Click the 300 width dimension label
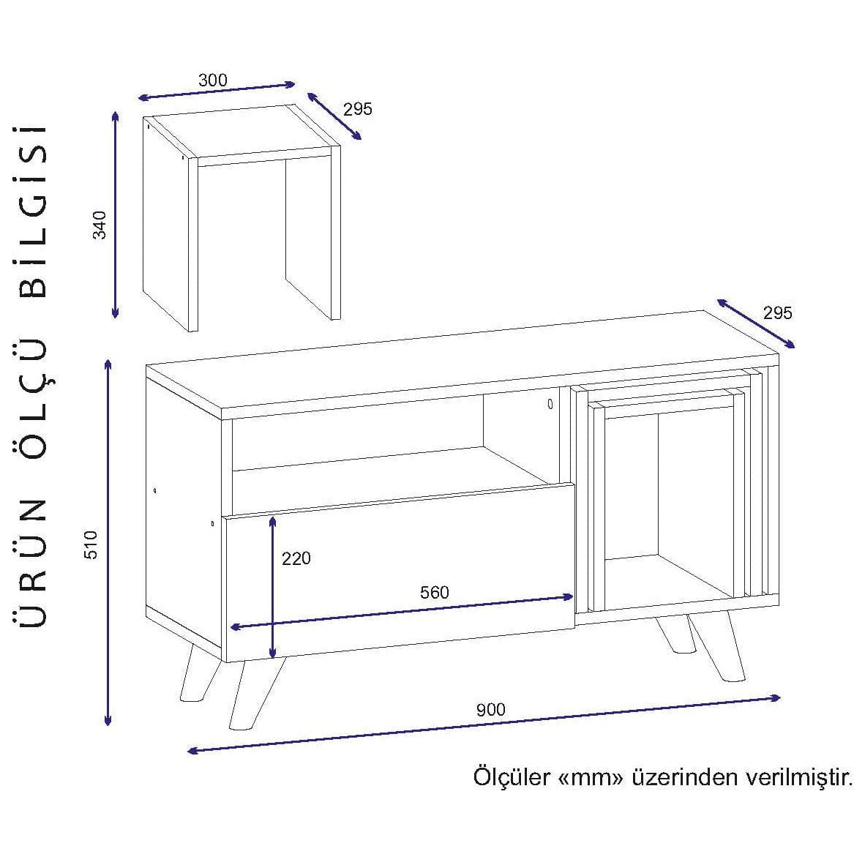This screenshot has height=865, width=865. [x=213, y=80]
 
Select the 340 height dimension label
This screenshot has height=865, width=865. [x=100, y=224]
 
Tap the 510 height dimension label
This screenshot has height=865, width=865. [x=91, y=545]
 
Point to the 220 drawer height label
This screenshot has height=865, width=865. [x=296, y=558]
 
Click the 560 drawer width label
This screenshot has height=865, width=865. [x=434, y=592]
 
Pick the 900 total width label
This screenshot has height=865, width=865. [x=490, y=709]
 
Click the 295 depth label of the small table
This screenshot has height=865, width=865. [x=358, y=109]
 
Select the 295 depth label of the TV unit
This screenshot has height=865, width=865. [x=777, y=312]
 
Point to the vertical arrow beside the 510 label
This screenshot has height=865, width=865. [x=108, y=542]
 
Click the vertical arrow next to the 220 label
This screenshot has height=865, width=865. [x=272, y=586]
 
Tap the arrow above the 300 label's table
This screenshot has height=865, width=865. [x=217, y=91]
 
